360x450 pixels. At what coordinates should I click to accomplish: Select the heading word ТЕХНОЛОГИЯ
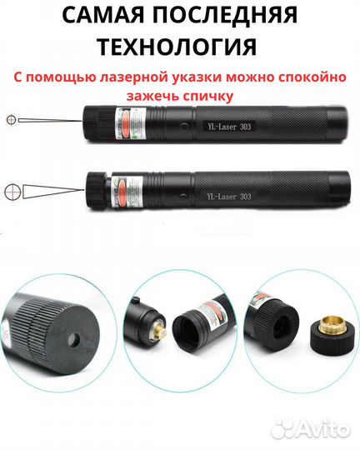pos(180,46)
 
